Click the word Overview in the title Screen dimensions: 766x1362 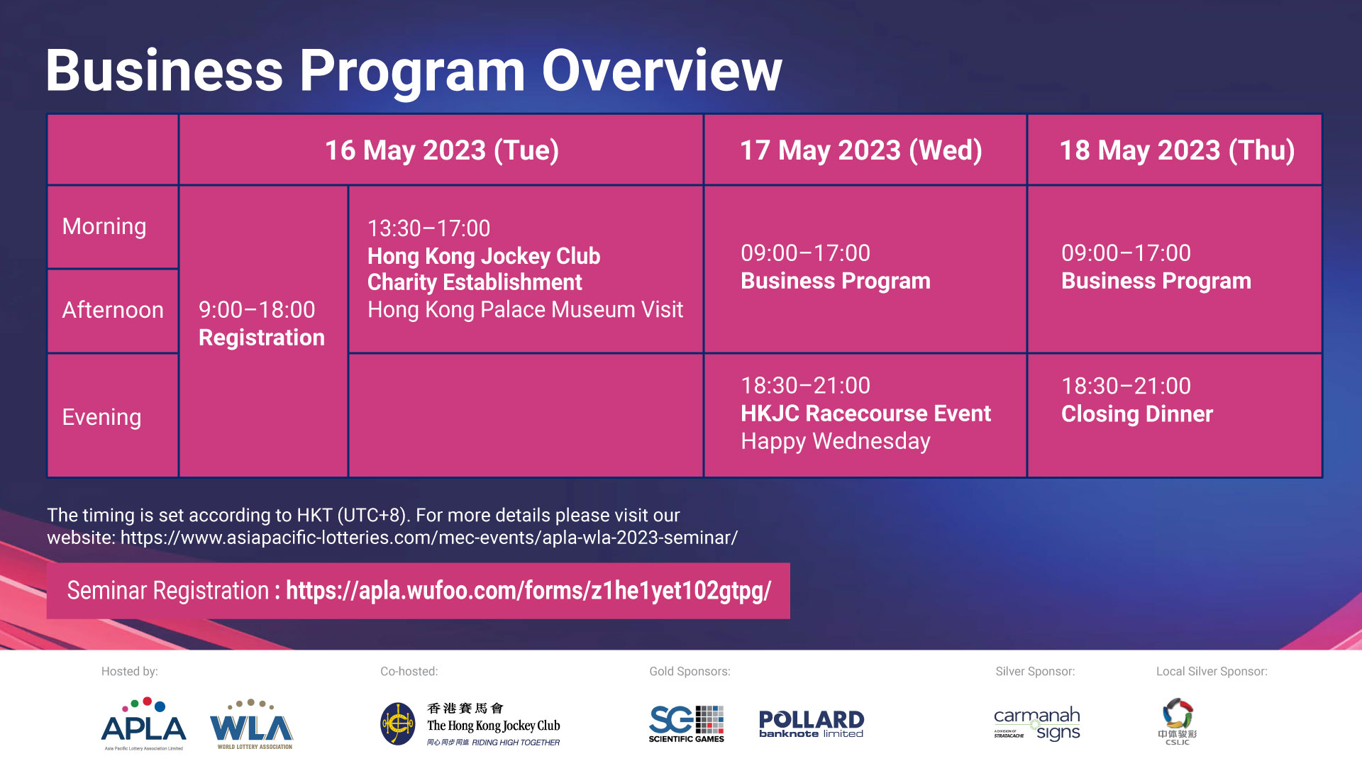tap(661, 71)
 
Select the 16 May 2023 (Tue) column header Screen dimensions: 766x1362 tap(441, 150)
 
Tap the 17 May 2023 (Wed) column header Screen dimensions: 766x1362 tap(860, 150)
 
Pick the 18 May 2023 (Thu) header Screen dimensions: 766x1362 tap(1176, 150)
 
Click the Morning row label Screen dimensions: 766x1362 tap(104, 226)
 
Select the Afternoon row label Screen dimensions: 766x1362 tap(113, 310)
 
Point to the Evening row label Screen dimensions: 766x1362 tap(101, 417)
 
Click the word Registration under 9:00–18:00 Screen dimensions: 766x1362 tap(261, 338)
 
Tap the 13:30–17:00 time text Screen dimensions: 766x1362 tap(428, 228)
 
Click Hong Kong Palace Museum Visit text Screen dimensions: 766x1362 tap(525, 310)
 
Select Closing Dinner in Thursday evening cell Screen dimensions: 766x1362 tap(1136, 414)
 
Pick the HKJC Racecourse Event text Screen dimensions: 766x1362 tap(865, 413)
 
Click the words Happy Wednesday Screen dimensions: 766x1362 tap(835, 441)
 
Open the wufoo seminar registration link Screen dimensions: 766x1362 tap(528, 591)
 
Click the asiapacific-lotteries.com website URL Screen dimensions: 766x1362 tap(428, 538)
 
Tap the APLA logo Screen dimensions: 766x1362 tap(144, 723)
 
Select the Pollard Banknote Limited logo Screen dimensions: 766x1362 tap(811, 723)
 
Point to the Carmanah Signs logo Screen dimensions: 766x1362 tap(1036, 723)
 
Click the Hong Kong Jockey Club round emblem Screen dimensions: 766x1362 tap(398, 723)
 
